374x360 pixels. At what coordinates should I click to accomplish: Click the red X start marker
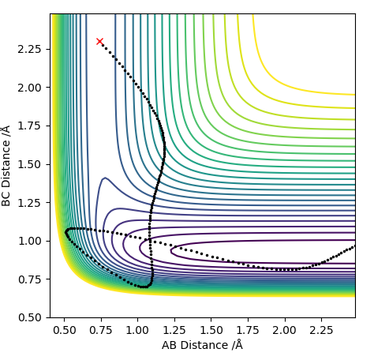(x=99, y=41)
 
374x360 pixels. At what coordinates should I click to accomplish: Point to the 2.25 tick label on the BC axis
(x=29, y=49)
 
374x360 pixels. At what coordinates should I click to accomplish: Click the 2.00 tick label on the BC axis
(x=29, y=88)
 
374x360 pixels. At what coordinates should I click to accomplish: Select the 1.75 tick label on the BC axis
(x=29, y=126)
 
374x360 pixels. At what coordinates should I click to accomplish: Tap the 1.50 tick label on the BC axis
(x=29, y=164)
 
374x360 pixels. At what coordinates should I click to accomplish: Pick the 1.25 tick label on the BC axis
(x=29, y=203)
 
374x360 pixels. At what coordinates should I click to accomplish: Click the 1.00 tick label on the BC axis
(x=29, y=241)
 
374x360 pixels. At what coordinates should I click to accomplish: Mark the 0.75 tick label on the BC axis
(x=29, y=279)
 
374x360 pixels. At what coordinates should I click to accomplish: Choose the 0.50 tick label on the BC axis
(x=29, y=317)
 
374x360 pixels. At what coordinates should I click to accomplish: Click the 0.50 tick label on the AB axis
(x=65, y=330)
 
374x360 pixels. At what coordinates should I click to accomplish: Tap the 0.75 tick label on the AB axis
(x=101, y=330)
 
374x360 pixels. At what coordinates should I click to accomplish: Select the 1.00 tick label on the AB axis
(x=137, y=330)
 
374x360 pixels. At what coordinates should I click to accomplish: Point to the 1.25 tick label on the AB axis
(x=174, y=330)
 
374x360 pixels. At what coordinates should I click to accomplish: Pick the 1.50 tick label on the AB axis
(x=211, y=330)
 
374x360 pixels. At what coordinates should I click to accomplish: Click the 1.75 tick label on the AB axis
(x=248, y=330)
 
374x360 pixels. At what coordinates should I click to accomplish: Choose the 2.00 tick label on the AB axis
(x=284, y=330)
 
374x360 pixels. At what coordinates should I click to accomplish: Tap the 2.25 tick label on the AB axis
(x=321, y=330)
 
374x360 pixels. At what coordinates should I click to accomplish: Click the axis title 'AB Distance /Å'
(x=202, y=345)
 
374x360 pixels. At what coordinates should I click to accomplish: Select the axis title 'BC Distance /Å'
(x=6, y=166)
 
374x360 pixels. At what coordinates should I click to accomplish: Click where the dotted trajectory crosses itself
(x=151, y=240)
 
